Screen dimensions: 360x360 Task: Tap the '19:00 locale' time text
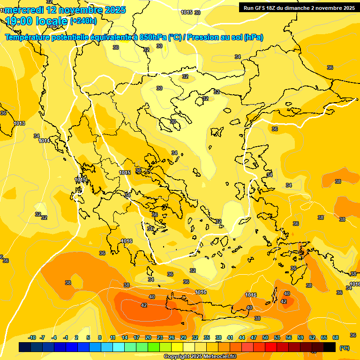click(x=37, y=21)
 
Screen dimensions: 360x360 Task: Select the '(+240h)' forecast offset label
click(x=83, y=21)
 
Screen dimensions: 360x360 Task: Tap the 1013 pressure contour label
click(x=19, y=123)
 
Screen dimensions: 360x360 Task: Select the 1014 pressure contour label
click(x=44, y=141)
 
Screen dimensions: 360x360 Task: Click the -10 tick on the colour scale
click(x=32, y=337)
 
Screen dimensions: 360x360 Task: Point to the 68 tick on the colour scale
click(x=336, y=337)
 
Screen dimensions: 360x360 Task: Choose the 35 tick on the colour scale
click(x=207, y=337)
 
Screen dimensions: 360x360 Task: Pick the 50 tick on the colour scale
click(x=265, y=337)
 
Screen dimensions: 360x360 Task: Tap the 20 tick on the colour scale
click(x=148, y=337)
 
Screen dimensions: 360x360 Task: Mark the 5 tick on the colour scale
click(x=88, y=337)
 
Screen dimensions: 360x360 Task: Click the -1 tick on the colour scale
click(x=66, y=337)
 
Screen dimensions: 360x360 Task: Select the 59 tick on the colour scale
click(x=300, y=337)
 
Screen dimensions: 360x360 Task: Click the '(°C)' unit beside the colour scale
click(x=345, y=348)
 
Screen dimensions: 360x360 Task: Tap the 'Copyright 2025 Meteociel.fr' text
click(x=200, y=357)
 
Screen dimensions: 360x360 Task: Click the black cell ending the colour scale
click(x=330, y=347)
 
